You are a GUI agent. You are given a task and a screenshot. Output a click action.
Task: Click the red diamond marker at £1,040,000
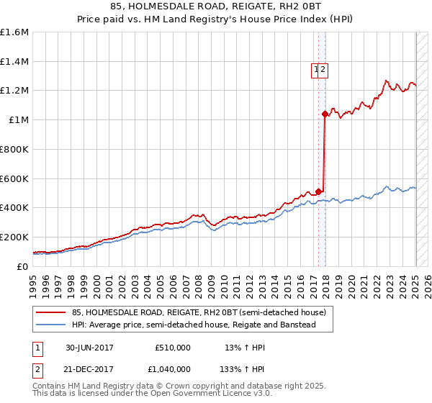click(325, 114)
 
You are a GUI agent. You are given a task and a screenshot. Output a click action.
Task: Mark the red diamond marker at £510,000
click(319, 191)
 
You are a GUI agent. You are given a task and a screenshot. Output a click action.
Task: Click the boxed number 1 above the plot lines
click(316, 70)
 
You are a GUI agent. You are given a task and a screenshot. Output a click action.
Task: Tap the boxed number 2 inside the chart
click(323, 70)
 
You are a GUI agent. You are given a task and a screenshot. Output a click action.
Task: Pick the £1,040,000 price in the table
click(172, 368)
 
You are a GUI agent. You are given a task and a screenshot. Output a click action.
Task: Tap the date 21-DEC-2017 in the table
click(89, 368)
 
